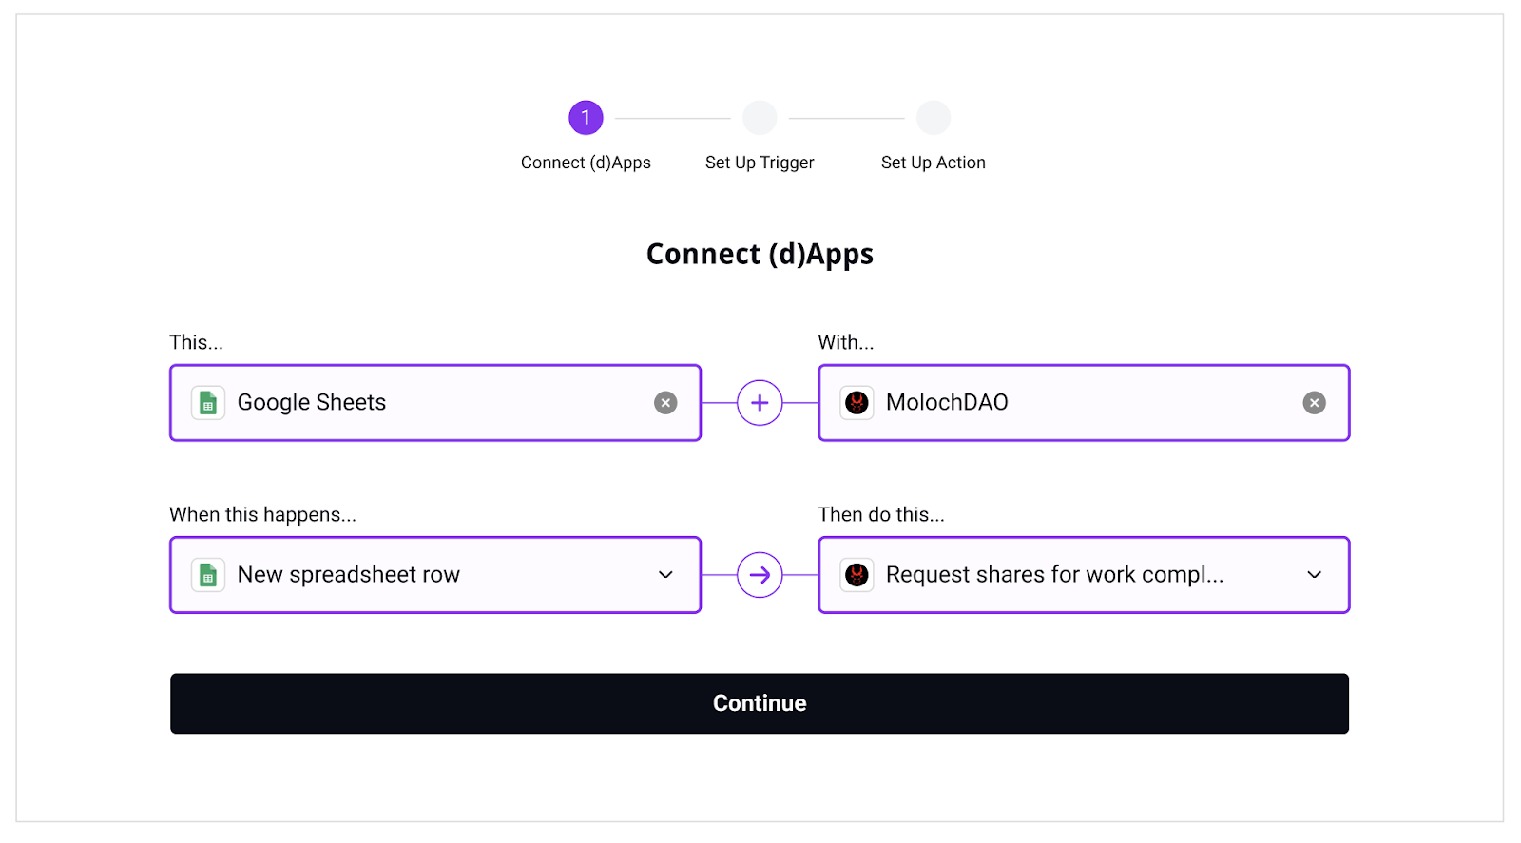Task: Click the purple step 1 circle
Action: click(x=586, y=118)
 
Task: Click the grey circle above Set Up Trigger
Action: click(x=760, y=118)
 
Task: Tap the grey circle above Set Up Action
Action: click(x=934, y=118)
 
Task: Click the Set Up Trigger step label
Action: click(x=760, y=163)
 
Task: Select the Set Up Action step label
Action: click(x=933, y=163)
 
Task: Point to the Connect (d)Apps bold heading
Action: click(x=760, y=254)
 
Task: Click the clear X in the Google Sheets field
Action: click(x=665, y=403)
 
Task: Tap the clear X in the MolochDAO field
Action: click(x=1314, y=403)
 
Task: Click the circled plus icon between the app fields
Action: click(x=760, y=403)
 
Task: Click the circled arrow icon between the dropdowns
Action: click(x=760, y=575)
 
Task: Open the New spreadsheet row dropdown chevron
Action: click(x=665, y=575)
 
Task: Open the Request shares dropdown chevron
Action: click(x=1314, y=575)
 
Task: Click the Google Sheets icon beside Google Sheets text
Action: click(x=208, y=403)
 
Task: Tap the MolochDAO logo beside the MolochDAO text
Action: click(x=857, y=403)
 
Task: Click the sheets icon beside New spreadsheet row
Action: click(x=208, y=575)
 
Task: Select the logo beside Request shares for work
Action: click(x=857, y=575)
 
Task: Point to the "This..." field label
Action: click(x=196, y=342)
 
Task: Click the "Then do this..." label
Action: click(x=881, y=514)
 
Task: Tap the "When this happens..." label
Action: click(x=262, y=514)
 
